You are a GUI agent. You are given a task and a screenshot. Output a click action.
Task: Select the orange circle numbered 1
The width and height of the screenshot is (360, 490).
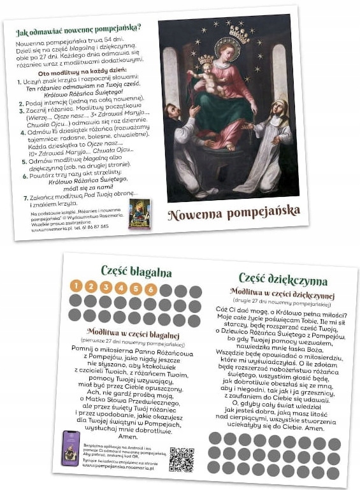tap(76, 285)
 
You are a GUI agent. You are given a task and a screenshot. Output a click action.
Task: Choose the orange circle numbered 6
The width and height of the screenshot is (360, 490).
tap(150, 289)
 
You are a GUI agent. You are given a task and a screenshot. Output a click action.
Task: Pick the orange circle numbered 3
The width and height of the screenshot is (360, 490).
tap(106, 287)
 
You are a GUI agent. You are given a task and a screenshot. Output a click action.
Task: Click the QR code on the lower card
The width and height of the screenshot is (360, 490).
tap(182, 459)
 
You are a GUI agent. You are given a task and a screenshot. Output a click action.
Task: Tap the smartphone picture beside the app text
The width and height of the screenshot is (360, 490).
tap(70, 447)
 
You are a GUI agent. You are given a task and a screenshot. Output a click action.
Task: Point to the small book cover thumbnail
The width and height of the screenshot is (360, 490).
tap(138, 214)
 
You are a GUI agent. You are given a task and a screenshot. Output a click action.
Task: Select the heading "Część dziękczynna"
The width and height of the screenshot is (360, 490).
tap(283, 280)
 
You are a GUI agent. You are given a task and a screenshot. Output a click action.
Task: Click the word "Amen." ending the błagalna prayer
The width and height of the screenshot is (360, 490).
tap(127, 436)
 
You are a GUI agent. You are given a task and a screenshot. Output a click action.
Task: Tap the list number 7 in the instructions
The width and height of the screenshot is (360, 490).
tap(25, 198)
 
